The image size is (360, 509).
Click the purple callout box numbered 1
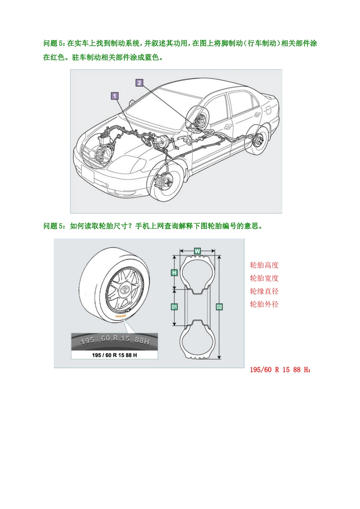115,96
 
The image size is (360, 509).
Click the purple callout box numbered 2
139,83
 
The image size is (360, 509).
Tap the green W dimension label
197,251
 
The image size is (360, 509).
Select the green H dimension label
174,273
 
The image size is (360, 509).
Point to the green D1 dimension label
174,307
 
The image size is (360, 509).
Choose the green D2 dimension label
219,307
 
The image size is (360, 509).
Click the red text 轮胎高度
264,265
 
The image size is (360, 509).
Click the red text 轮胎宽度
264,278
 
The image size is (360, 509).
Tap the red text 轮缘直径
264,291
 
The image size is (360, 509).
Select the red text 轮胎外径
264,304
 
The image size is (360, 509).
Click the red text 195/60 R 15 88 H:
280,370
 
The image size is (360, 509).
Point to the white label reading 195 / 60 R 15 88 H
114,355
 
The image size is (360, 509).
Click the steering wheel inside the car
199,120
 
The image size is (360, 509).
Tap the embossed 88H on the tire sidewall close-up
142,340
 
